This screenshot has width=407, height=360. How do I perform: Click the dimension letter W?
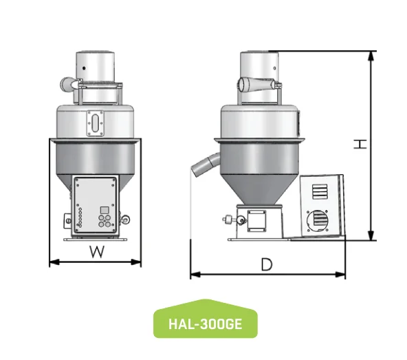point(98,252)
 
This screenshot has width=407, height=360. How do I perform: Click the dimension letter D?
point(265,264)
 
